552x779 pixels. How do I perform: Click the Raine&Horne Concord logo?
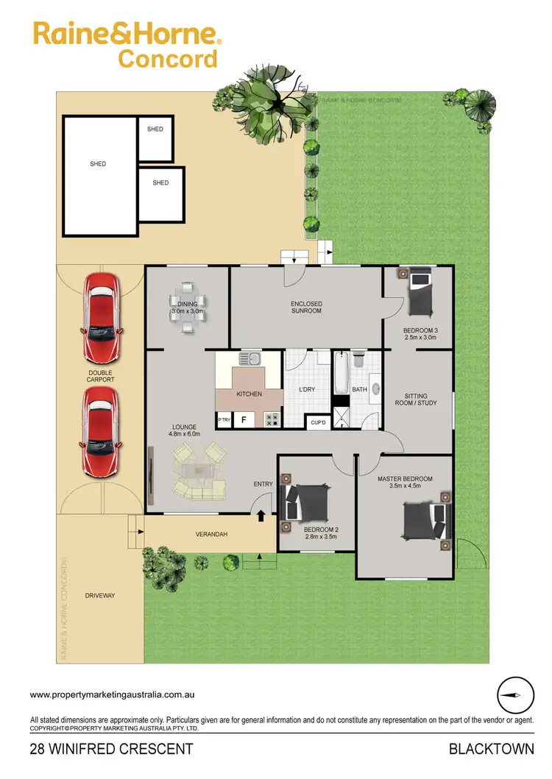pos(124,45)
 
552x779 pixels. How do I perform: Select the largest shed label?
pos(98,164)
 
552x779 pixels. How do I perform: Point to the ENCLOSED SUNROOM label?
pos(306,307)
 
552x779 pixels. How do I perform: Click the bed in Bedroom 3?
pos(421,291)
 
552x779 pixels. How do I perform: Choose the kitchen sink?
pos(250,359)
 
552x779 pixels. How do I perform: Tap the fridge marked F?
pos(244,420)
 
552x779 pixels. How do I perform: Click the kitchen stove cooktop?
pos(272,419)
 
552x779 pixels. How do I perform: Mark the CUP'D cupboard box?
pos(318,422)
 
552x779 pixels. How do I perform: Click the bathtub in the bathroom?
pos(342,374)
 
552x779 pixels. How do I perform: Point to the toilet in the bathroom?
pos(358,360)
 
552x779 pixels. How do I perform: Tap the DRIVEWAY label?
pos(99,596)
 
